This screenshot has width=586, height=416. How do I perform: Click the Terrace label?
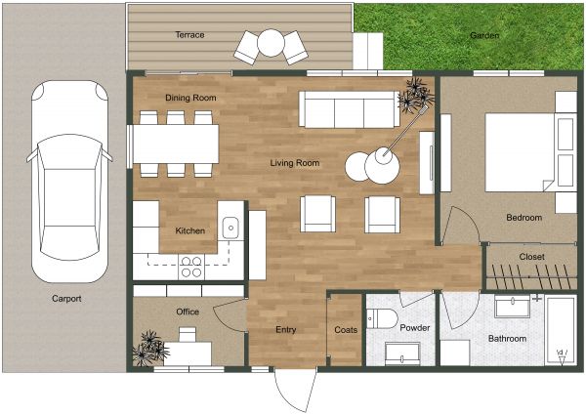189,35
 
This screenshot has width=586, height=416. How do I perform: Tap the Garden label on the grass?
484,35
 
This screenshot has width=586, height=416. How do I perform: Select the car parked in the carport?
68,181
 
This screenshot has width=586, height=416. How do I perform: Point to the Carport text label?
66,299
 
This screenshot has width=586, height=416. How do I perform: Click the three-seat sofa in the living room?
349,109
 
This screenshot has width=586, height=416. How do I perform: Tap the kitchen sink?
230,228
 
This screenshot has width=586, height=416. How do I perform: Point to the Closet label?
532,257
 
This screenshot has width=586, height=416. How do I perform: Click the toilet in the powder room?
381,317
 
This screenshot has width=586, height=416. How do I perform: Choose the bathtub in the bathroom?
561,332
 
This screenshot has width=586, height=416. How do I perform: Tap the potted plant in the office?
149,347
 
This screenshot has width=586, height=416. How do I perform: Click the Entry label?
285,330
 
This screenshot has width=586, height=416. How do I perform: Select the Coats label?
346,330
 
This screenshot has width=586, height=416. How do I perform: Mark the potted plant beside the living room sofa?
417,97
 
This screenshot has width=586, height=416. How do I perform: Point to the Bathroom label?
507,339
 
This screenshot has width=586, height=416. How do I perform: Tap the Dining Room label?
189,98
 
